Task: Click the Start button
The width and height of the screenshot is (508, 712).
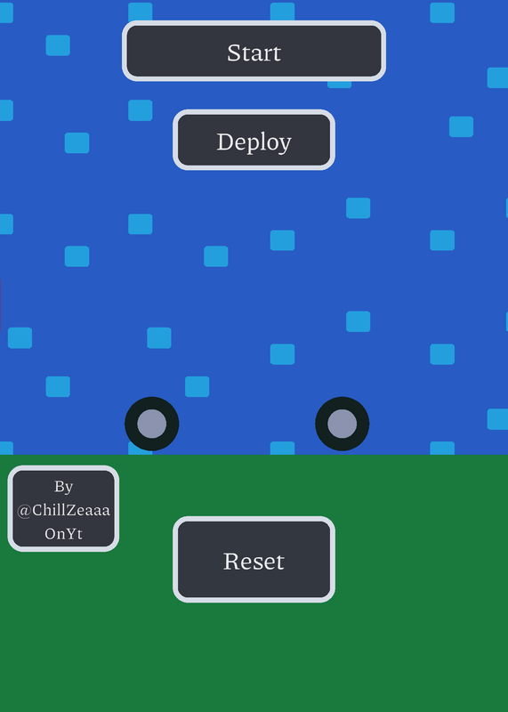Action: coord(254,51)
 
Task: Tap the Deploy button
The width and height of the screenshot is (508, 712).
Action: coord(254,140)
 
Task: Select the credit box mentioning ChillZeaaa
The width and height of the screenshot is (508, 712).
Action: coord(63,508)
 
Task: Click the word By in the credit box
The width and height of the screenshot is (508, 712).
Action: coord(63,487)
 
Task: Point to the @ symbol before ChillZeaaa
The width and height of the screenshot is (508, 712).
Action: coord(24,511)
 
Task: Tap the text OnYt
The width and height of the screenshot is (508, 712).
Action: coord(63,533)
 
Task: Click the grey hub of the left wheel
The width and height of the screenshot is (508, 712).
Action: coord(151,424)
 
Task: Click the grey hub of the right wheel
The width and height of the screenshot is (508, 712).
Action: coord(342,424)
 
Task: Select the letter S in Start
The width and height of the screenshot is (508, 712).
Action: coord(233,53)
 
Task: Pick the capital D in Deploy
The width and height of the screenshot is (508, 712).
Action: coord(224,142)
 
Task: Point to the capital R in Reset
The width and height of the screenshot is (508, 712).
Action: coord(231,562)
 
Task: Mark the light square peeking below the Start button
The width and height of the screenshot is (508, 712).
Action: coord(339,85)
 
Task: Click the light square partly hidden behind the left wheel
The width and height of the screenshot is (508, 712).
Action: coord(137,449)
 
